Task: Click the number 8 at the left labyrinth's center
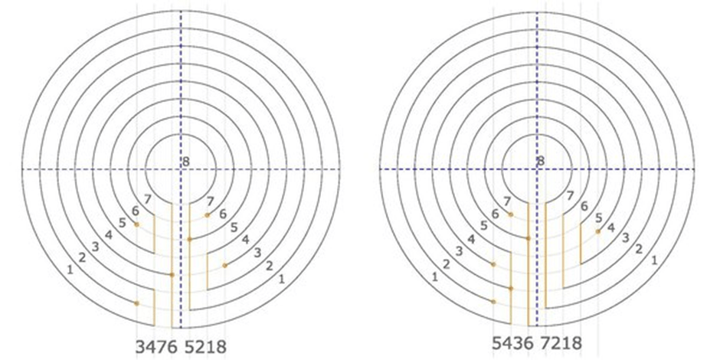pyautogui.click(x=185, y=162)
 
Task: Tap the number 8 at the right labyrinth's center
pyautogui.click(x=542, y=161)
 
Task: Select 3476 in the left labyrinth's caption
pyautogui.click(x=156, y=347)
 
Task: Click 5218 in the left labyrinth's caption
pyautogui.click(x=206, y=347)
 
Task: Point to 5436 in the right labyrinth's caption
pyautogui.click(x=513, y=343)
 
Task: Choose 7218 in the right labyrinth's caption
pyautogui.click(x=562, y=343)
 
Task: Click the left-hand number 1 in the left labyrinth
pyautogui.click(x=70, y=270)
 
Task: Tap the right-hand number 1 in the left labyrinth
pyautogui.click(x=281, y=278)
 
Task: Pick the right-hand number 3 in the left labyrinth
pyautogui.click(x=257, y=253)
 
